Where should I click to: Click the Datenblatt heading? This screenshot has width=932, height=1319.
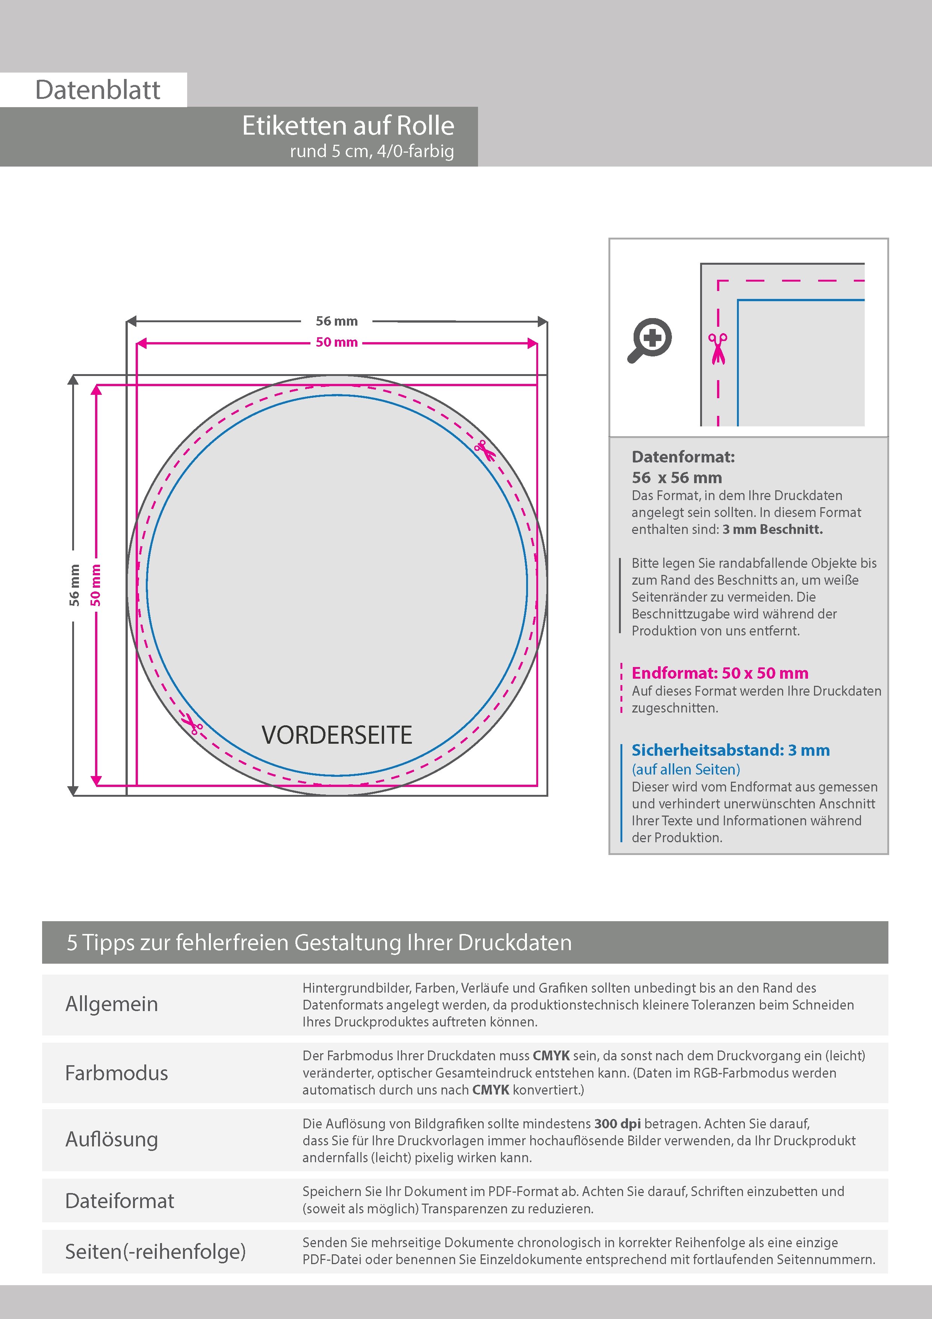pyautogui.click(x=98, y=90)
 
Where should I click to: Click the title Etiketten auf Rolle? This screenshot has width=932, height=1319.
pyautogui.click(x=348, y=126)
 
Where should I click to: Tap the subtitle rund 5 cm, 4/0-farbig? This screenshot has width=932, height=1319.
pyautogui.click(x=372, y=151)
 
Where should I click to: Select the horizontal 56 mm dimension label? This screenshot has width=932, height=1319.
pyautogui.click(x=336, y=321)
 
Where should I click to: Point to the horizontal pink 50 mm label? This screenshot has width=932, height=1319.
pyautogui.click(x=336, y=343)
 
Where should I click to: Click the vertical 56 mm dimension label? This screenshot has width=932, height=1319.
pyautogui.click(x=74, y=585)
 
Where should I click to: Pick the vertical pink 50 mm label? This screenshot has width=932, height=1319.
pyautogui.click(x=96, y=585)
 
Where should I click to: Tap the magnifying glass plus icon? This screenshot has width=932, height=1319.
pyautogui.click(x=649, y=340)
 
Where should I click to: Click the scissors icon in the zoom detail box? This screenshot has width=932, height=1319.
pyautogui.click(x=717, y=348)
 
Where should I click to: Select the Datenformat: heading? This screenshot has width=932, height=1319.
pyautogui.click(x=683, y=457)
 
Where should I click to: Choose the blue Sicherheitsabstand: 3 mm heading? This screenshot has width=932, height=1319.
pyautogui.click(x=731, y=750)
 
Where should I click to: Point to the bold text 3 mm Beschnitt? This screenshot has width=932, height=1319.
pyautogui.click(x=772, y=530)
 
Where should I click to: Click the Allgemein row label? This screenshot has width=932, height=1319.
pyautogui.click(x=111, y=1004)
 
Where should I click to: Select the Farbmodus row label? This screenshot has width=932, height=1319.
pyautogui.click(x=116, y=1073)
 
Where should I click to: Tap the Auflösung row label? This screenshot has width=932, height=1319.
pyautogui.click(x=111, y=1139)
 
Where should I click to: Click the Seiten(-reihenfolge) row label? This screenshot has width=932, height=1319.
pyautogui.click(x=155, y=1251)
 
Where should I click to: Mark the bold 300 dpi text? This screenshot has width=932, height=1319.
pyautogui.click(x=617, y=1124)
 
